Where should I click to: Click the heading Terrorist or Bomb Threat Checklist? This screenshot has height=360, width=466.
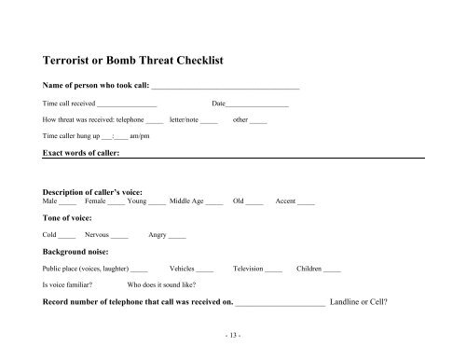[137, 62]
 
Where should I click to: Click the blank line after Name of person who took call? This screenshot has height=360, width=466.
[231, 87]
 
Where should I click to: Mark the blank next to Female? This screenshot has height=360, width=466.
[116, 201]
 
